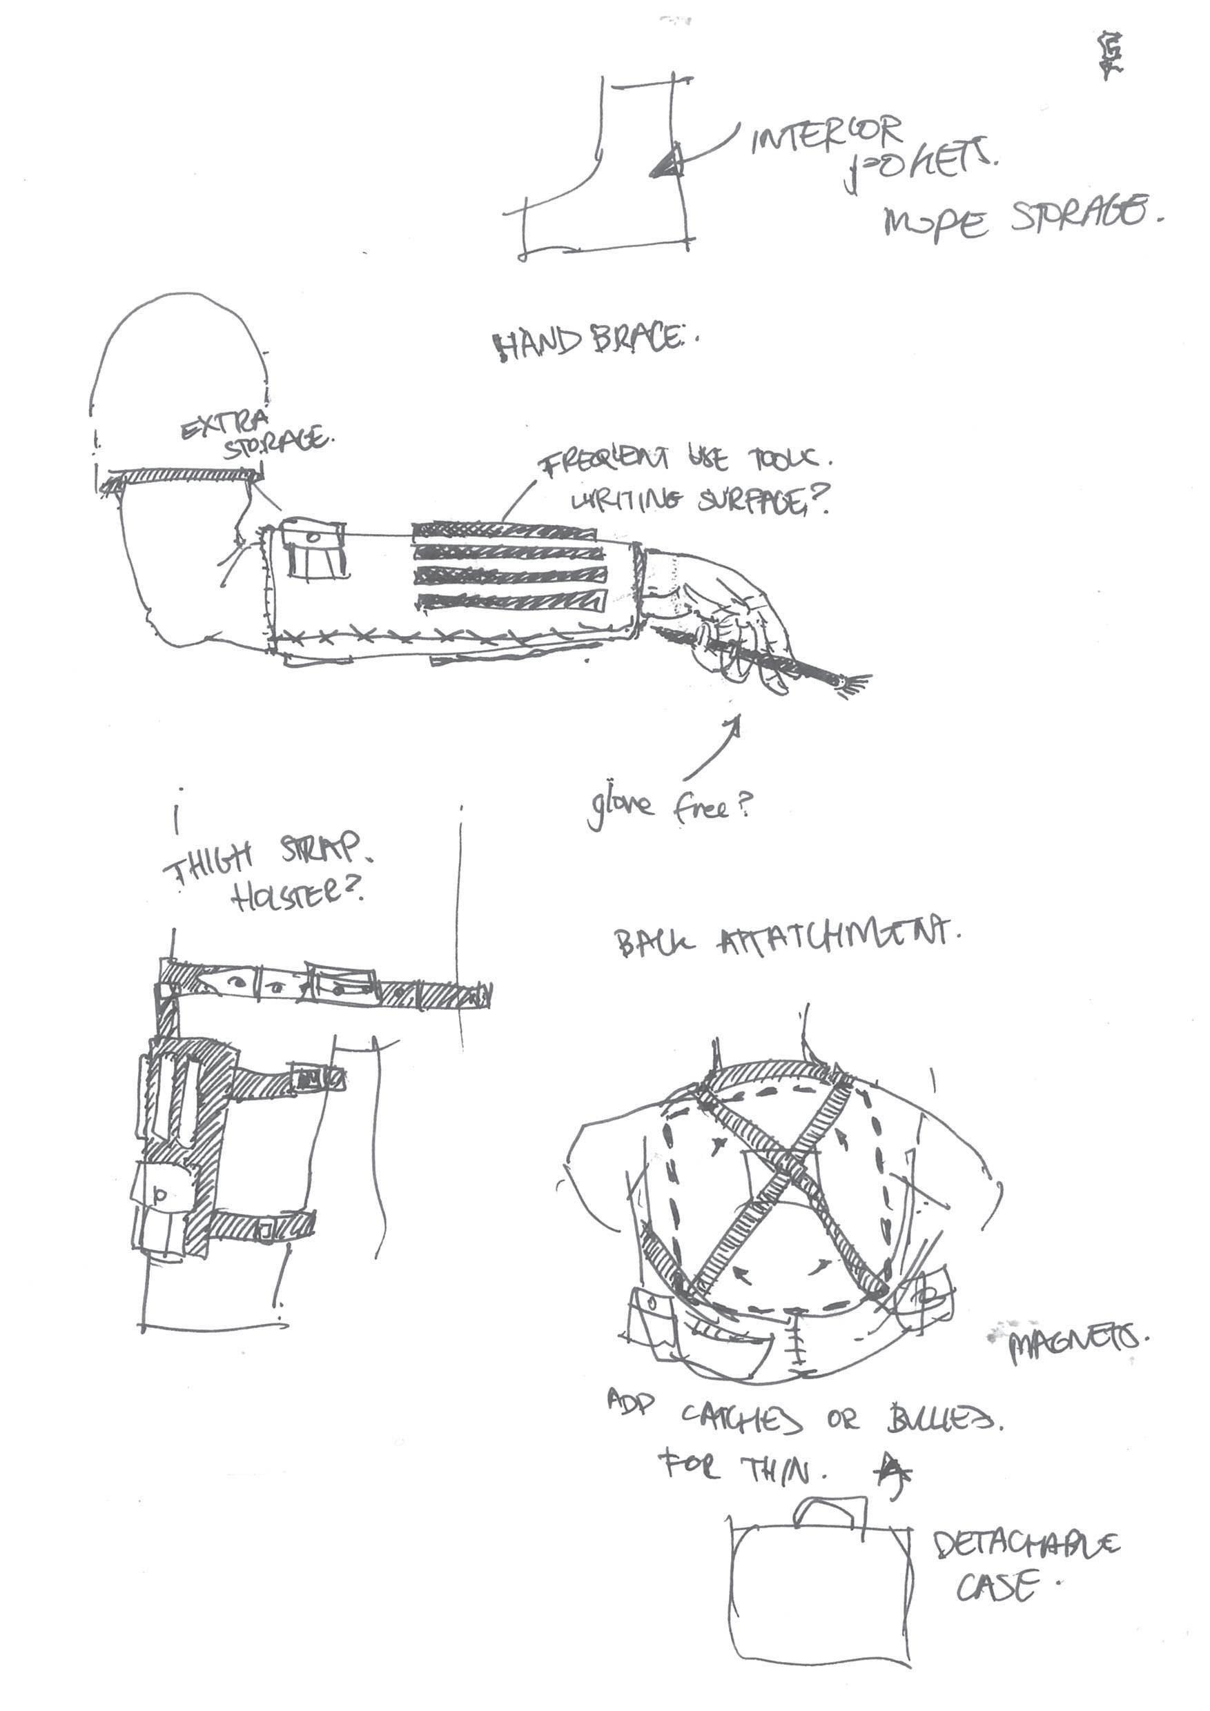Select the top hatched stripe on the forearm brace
504,531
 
